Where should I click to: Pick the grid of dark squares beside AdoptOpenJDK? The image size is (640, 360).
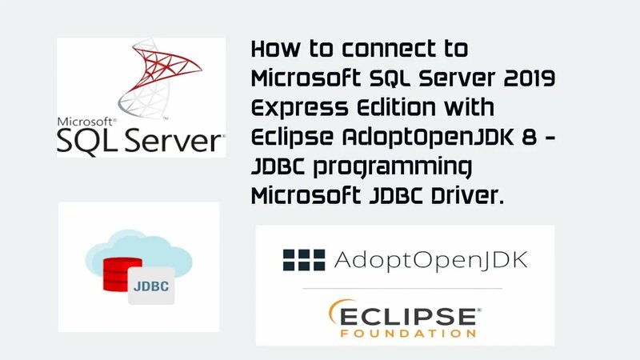pos(303,259)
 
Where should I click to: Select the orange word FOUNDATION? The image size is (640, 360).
pos(406,330)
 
